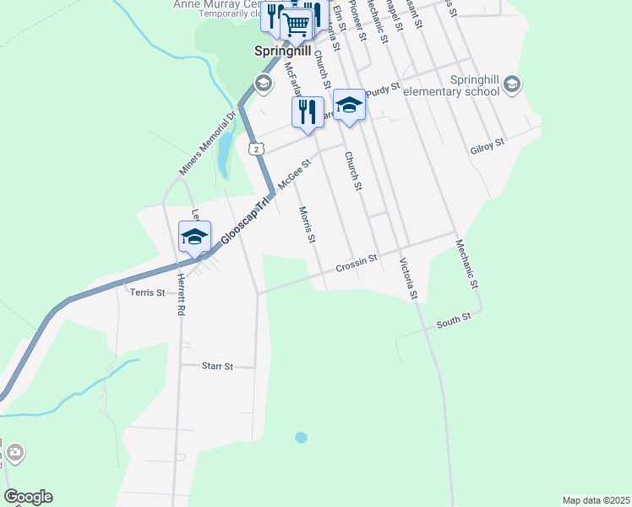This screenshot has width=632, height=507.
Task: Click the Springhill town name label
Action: [x=285, y=51]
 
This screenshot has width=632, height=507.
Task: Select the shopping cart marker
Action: [x=297, y=25]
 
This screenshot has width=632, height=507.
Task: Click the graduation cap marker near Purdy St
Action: [x=349, y=106]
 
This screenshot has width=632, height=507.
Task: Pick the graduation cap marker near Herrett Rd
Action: [x=194, y=237]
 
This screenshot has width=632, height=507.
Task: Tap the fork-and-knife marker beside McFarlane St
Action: [x=308, y=112]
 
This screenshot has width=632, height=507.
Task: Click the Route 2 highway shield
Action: [x=255, y=148]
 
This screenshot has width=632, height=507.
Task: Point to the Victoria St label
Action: [x=408, y=279]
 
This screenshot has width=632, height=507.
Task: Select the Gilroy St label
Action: [x=487, y=144]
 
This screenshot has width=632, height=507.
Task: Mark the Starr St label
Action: [x=217, y=367]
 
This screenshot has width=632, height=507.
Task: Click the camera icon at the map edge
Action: [x=14, y=454]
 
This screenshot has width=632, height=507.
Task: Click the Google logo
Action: [x=29, y=497]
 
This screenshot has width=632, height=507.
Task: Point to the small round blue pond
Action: [x=300, y=438]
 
